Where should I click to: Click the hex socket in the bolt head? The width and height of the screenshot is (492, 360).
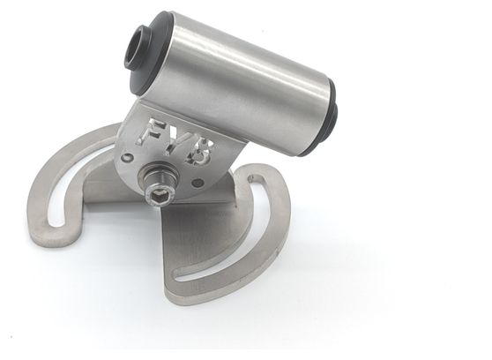(x=160, y=198)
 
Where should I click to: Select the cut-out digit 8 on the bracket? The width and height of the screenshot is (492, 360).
(x=200, y=154)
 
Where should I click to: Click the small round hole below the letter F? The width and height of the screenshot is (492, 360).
(x=127, y=157)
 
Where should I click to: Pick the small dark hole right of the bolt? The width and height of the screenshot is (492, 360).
(x=198, y=182)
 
